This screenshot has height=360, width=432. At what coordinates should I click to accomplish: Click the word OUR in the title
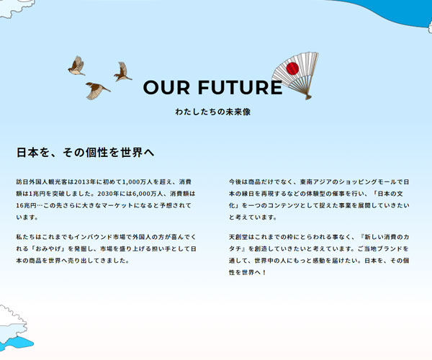coord(165,88)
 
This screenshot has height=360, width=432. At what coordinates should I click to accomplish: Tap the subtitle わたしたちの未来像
coord(212,112)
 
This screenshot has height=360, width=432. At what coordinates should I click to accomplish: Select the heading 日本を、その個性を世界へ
coord(85,153)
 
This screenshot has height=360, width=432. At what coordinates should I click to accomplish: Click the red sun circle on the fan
coord(293,69)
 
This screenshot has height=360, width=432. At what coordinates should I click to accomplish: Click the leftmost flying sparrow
coord(76,66)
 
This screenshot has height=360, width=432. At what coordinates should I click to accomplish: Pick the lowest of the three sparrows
coord(96,89)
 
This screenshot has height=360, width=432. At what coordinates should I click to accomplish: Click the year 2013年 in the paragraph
coord(85,182)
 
